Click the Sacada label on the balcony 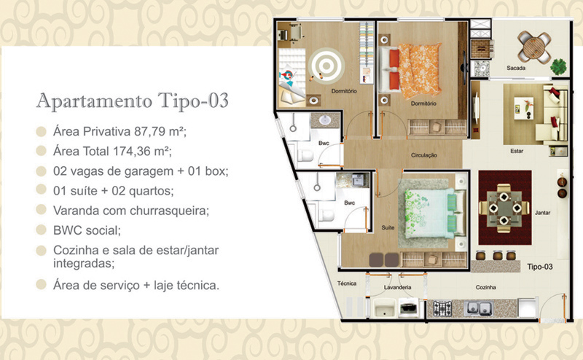tap(516, 68)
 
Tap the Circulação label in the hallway tap(424, 155)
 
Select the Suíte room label tap(388, 227)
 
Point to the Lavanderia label tap(397, 287)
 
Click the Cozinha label tap(486, 287)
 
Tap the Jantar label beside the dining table tap(542, 213)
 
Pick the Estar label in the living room tap(517, 151)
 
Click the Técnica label tap(347, 283)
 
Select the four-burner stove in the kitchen tap(442, 309)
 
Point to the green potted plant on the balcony tap(558, 67)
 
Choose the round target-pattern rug tap(326, 66)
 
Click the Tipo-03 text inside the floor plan tap(540, 267)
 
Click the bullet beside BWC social tap(41, 230)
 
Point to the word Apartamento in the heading tap(95, 101)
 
